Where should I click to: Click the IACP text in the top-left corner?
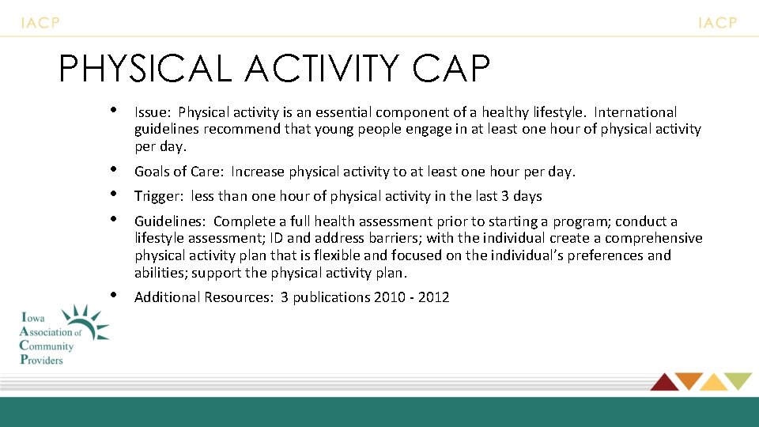click(40, 23)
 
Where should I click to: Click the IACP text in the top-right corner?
click(717, 23)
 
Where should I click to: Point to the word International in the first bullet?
click(636, 112)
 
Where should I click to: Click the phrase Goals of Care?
click(179, 172)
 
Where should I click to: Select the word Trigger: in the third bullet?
click(160, 196)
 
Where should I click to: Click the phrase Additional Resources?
click(203, 297)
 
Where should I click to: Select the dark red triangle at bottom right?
click(664, 382)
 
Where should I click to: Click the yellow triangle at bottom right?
click(714, 383)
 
